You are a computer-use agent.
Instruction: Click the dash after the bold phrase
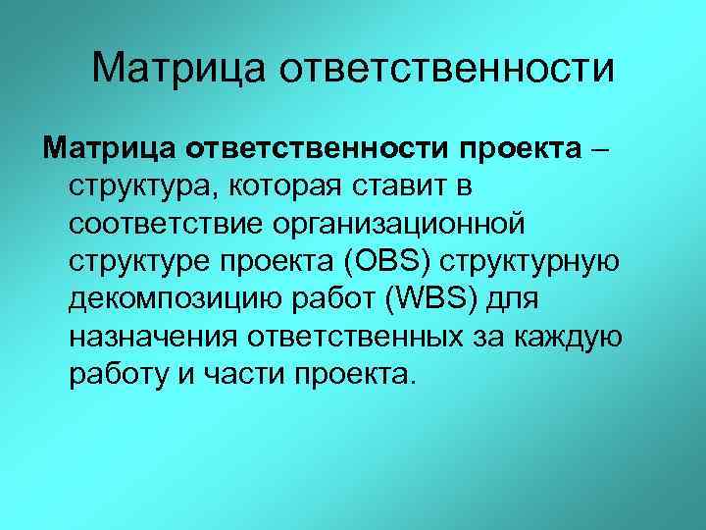coord(599,149)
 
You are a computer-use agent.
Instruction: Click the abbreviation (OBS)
coord(390,262)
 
